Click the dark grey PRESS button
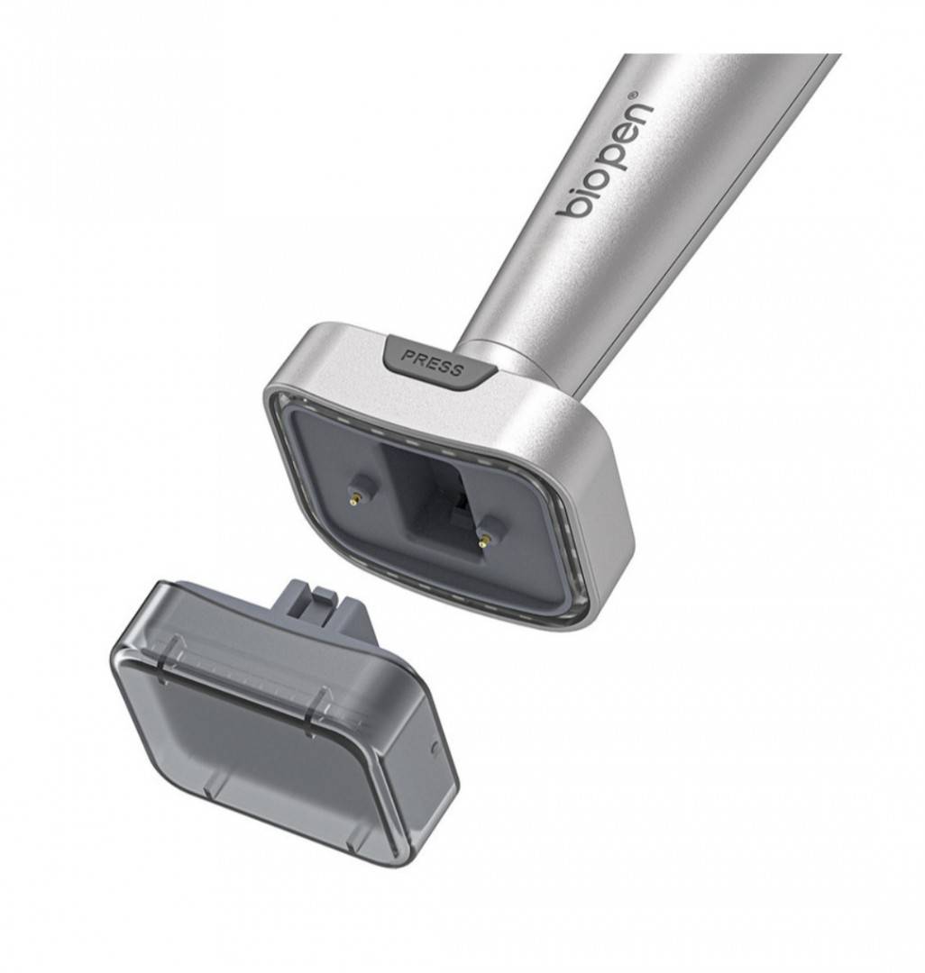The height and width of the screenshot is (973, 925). pyautogui.click(x=440, y=362)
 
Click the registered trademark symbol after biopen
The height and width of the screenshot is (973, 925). pyautogui.click(x=633, y=95)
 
